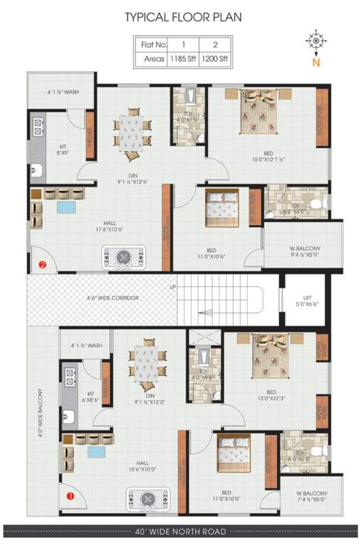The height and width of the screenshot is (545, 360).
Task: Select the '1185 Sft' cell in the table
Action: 183,58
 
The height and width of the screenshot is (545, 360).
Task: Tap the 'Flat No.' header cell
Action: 151,44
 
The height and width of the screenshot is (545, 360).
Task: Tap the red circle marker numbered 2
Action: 42,265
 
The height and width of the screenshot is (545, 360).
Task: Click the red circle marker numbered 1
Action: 70,496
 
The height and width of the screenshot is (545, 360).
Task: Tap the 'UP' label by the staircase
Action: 172,287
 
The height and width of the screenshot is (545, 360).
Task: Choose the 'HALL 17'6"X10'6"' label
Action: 78,226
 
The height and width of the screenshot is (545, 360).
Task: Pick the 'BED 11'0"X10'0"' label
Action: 226,496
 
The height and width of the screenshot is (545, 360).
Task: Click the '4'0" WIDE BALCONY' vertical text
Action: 40,412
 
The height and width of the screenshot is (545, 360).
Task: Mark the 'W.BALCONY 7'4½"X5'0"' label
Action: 312,495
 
